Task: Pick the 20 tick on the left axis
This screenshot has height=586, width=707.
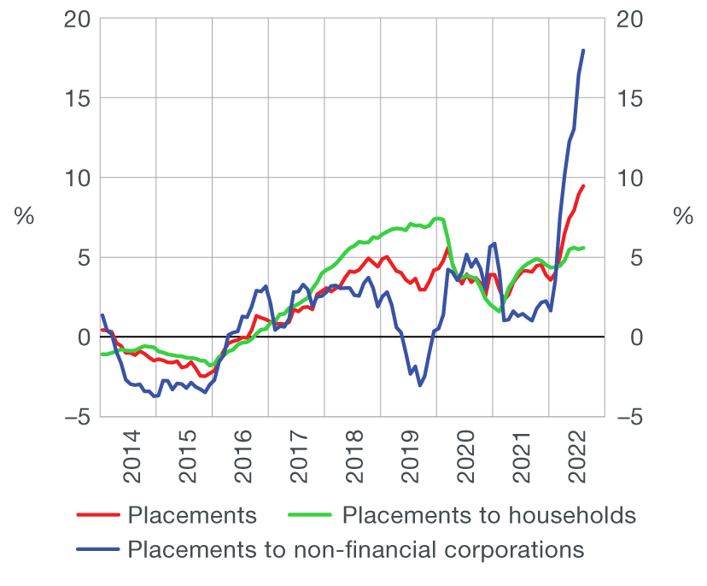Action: pos(77,19)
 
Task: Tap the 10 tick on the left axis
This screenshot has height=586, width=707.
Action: pos(77,178)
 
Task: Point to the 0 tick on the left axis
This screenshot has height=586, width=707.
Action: pos(83,337)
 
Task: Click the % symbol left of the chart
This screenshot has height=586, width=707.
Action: pos(24,217)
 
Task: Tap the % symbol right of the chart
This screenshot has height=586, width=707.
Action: pos(683,217)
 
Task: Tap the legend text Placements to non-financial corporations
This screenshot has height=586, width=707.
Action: pos(355,549)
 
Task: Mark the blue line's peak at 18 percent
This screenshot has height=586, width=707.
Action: pos(583,50)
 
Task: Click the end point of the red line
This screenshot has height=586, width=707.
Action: pos(583,186)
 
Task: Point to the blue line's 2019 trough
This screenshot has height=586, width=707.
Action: pos(420,385)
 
